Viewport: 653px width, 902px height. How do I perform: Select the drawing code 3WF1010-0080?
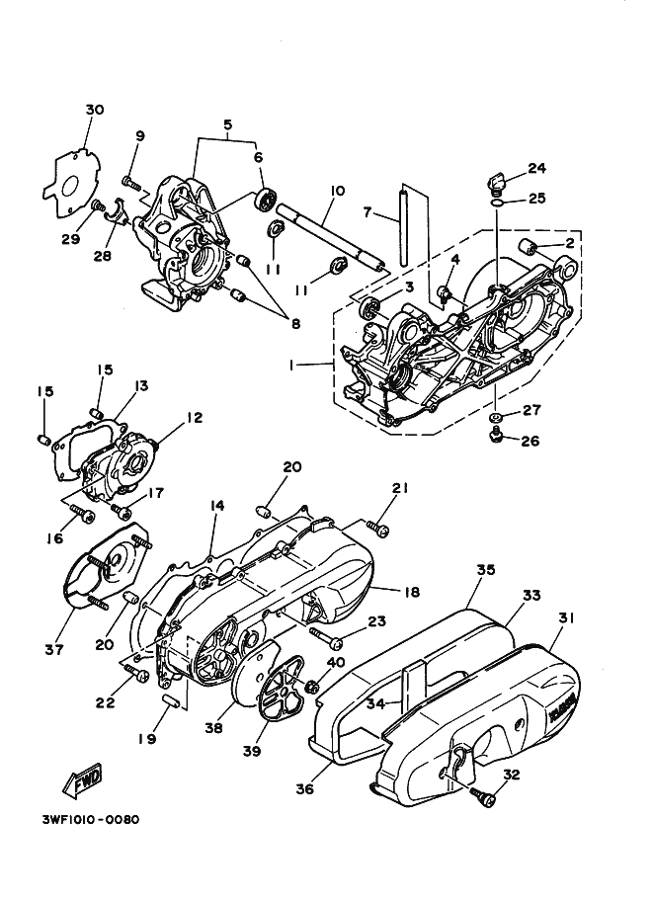tap(91, 819)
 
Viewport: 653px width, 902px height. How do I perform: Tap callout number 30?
tap(95, 110)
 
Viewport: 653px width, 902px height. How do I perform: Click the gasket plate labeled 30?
tap(72, 184)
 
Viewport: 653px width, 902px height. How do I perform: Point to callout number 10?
tap(338, 191)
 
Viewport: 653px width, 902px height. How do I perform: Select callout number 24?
tap(537, 168)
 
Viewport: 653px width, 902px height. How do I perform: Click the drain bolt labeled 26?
tap(494, 436)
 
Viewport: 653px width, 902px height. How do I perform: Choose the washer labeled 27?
tap(495, 416)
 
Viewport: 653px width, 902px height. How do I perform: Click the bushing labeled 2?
tap(529, 248)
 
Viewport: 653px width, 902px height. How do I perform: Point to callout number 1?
tap(292, 366)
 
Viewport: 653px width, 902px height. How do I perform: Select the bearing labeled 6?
tap(265, 200)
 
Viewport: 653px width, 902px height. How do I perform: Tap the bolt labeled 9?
tap(131, 183)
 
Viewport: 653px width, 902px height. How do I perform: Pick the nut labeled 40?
tap(313, 685)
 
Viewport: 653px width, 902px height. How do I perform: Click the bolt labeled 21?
tap(376, 530)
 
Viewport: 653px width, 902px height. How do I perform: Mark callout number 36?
tap(305, 789)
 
